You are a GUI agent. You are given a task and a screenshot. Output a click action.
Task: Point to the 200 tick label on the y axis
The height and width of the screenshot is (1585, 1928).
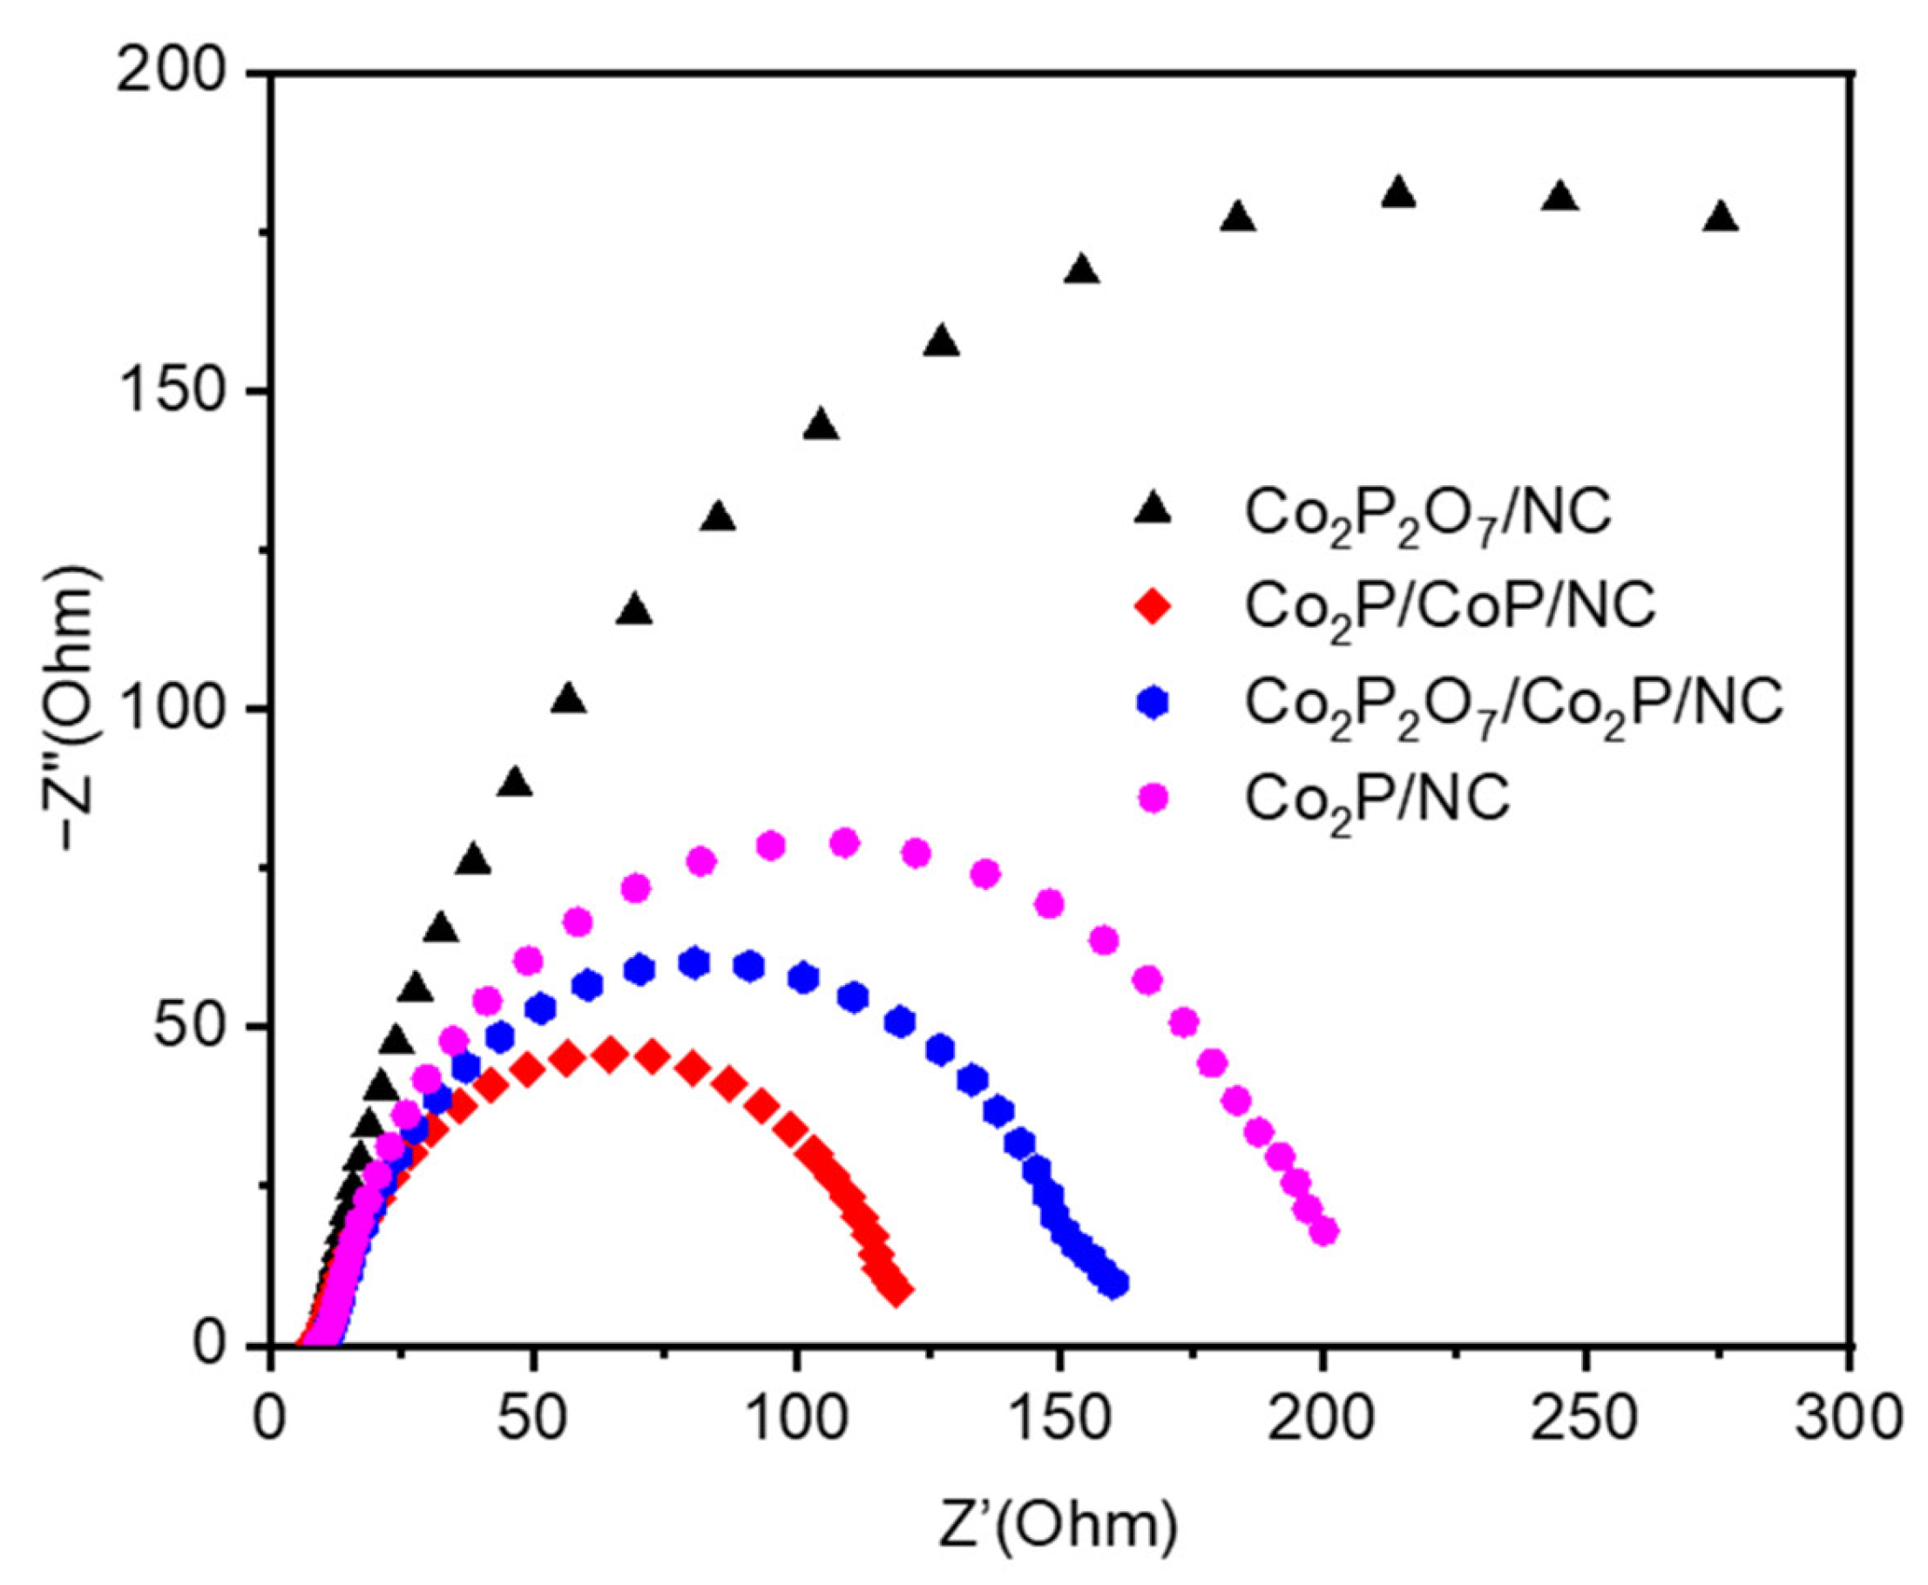[x=173, y=73]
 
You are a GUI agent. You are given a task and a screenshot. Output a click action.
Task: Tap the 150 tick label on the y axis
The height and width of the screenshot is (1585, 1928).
[x=173, y=392]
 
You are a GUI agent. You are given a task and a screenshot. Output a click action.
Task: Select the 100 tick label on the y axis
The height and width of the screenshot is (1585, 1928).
[x=173, y=710]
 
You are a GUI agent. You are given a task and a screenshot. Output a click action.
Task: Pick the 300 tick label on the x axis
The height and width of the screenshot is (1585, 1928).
[x=1849, y=1420]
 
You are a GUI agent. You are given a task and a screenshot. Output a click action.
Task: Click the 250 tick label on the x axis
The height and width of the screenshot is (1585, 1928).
[x=1586, y=1420]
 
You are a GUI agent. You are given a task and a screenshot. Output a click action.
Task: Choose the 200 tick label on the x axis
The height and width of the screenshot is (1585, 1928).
[x=1323, y=1420]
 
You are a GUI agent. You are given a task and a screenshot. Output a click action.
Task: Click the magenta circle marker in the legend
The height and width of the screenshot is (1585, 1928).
[x=1154, y=797]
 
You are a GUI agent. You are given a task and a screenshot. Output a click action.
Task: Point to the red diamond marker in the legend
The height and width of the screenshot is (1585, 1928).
[x=1153, y=606]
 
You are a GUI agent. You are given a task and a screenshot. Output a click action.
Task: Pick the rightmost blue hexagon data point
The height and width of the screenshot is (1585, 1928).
[x=1114, y=1283]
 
